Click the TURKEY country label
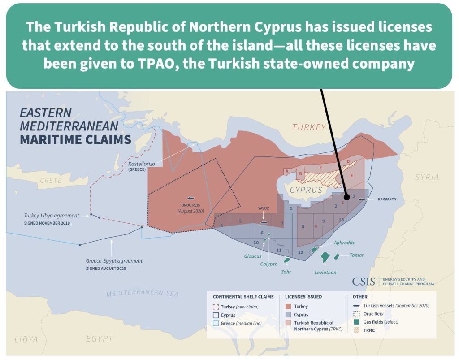(x=309, y=127)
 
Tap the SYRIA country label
(x=426, y=177)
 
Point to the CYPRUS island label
(x=306, y=190)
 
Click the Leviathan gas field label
(x=325, y=272)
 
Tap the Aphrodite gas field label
(x=344, y=243)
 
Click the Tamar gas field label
(x=356, y=255)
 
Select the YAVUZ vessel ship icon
(x=264, y=221)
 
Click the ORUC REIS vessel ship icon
(x=190, y=198)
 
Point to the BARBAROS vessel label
(x=388, y=199)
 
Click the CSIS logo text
(x=363, y=282)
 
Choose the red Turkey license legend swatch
(x=289, y=307)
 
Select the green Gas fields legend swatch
(x=357, y=322)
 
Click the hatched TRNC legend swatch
(x=357, y=330)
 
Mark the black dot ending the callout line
(x=346, y=196)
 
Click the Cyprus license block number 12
(x=300, y=252)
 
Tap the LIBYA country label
(x=26, y=339)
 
